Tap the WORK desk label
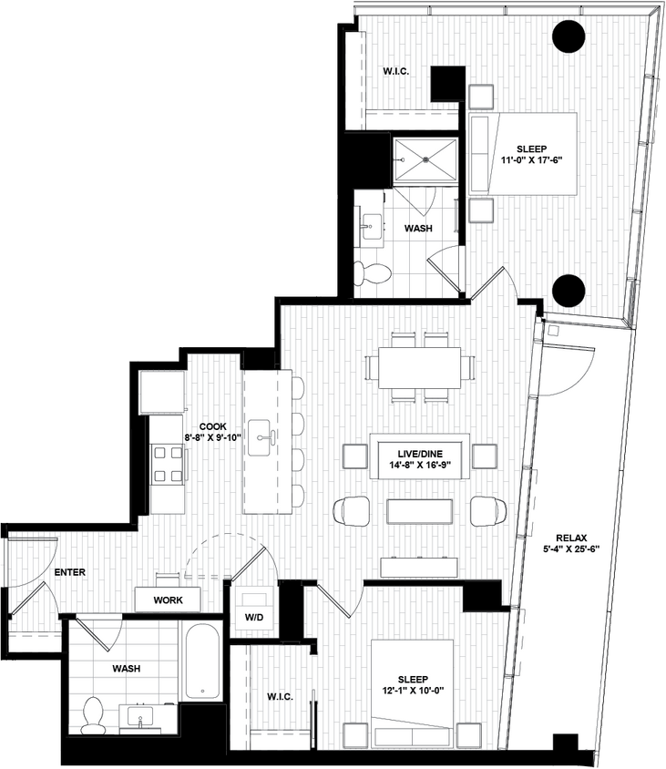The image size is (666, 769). (x=169, y=600)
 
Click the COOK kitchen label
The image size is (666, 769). (x=212, y=425)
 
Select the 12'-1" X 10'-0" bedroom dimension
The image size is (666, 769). (x=414, y=690)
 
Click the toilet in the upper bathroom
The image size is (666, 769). (x=372, y=272)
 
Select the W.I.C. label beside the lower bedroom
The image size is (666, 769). (x=280, y=697)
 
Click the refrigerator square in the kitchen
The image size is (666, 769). (x=162, y=392)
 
